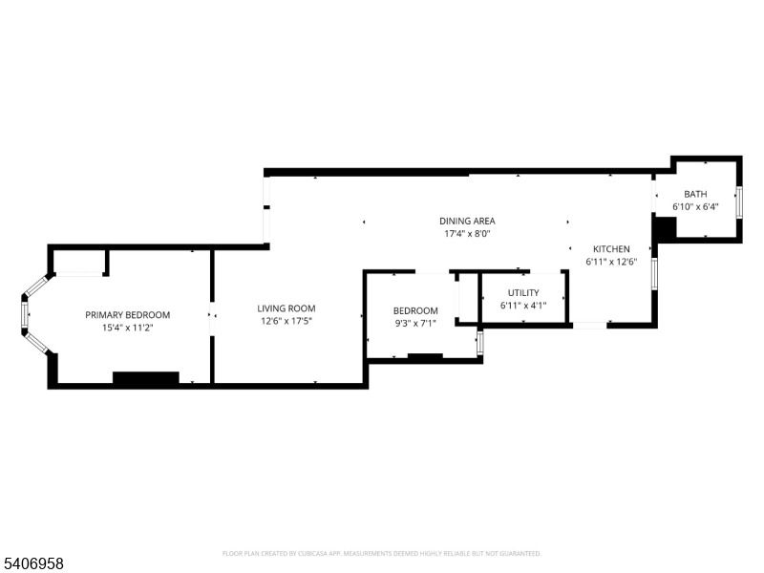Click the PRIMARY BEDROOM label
click(128, 315)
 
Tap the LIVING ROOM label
click(286, 308)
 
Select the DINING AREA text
click(467, 222)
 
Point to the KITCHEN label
click(611, 249)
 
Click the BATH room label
click(695, 194)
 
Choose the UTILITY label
click(523, 293)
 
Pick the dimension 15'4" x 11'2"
click(128, 328)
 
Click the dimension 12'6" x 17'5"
click(286, 321)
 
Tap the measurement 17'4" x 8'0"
click(467, 234)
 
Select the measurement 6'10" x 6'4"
click(695, 206)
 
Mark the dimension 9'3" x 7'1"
click(415, 323)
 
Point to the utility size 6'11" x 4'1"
click(523, 306)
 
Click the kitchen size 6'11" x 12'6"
click(611, 262)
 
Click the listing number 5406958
click(32, 563)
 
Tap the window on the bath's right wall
click(739, 202)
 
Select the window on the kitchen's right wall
click(654, 274)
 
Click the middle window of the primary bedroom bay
click(25, 315)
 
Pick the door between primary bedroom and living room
click(212, 318)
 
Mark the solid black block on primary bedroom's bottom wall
click(146, 378)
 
